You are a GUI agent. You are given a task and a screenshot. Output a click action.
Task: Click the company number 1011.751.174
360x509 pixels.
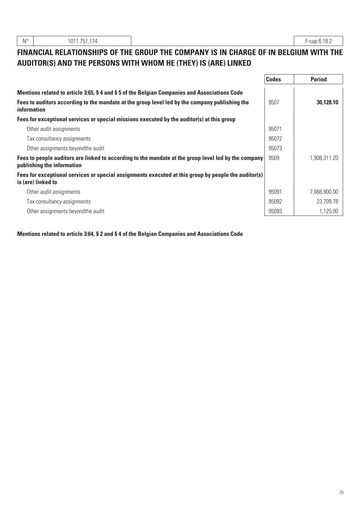click(82, 41)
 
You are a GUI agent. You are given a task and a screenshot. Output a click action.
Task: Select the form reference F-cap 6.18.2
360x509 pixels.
click(318, 41)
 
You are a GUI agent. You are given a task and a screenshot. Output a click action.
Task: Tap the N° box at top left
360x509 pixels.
click(25, 41)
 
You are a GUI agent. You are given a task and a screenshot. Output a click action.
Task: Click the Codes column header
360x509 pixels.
click(273, 79)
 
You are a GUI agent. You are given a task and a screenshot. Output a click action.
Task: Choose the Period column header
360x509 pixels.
click(318, 79)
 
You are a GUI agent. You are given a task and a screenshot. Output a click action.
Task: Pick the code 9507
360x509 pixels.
click(274, 102)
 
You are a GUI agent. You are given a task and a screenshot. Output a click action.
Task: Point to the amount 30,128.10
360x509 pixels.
click(327, 102)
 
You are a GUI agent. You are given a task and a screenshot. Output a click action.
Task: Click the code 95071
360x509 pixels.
click(275, 129)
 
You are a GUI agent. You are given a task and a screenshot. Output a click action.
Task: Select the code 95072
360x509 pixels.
click(275, 139)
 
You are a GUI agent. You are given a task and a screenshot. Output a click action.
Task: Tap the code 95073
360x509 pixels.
click(275, 148)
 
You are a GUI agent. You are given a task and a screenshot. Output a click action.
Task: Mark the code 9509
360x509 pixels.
click(274, 158)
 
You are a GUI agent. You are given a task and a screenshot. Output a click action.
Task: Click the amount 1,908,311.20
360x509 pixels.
click(324, 158)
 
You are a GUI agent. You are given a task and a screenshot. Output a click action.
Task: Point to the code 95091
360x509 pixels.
click(275, 192)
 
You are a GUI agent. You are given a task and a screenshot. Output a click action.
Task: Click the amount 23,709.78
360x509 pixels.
click(326, 202)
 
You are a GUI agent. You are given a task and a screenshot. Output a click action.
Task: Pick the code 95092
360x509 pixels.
click(275, 202)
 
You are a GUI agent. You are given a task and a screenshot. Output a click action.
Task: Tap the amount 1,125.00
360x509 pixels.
click(329, 211)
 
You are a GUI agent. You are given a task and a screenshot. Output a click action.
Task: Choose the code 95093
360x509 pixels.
click(275, 211)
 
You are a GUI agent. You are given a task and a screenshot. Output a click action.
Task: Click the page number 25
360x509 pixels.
click(341, 493)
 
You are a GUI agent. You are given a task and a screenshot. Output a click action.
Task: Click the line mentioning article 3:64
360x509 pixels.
click(130, 234)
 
